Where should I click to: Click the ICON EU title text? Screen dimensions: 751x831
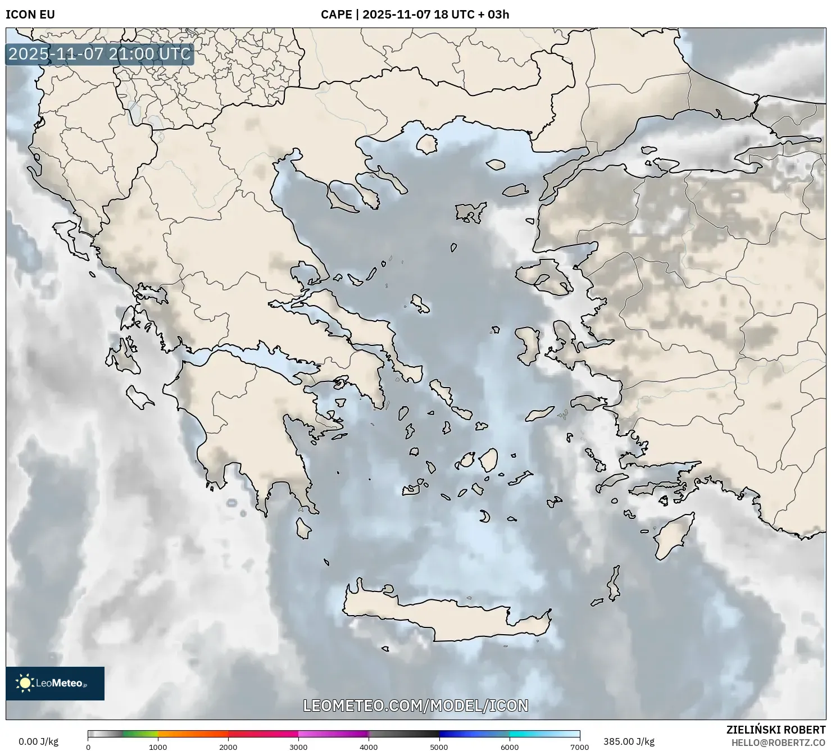tap(30, 14)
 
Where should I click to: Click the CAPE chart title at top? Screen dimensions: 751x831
tap(415, 14)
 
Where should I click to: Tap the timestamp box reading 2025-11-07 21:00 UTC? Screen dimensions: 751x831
tap(99, 54)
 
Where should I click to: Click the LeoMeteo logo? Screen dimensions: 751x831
tap(55, 683)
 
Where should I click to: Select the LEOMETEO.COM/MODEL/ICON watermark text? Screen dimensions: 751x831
tap(415, 706)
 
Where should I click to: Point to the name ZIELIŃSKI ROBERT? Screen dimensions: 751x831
tap(775, 730)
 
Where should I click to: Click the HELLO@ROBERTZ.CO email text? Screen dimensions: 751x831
tap(778, 742)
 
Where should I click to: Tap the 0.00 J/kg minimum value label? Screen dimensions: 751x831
tap(38, 741)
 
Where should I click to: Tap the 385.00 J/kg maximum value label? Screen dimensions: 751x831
tap(629, 741)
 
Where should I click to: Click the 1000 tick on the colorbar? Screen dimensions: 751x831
tap(158, 747)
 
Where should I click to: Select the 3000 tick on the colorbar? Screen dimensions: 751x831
tap(298, 747)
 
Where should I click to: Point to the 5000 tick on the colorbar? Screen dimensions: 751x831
tap(439, 747)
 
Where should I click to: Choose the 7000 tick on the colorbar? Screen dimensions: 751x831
tap(579, 747)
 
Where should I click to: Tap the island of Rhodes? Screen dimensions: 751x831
tap(671, 536)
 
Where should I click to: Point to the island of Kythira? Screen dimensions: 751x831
tap(303, 528)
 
